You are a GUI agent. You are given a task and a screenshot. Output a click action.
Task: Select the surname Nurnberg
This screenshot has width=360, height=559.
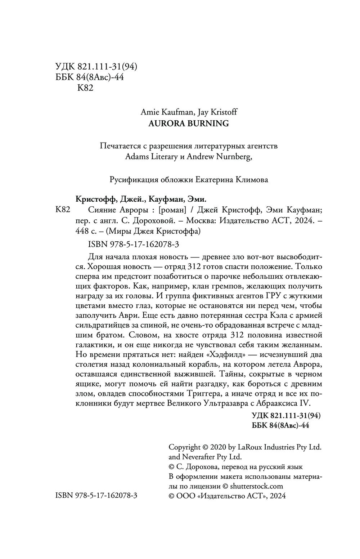pyautogui.click(x=232, y=157)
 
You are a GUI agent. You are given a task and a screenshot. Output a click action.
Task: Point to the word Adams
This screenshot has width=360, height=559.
pyautogui.click(x=139, y=157)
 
